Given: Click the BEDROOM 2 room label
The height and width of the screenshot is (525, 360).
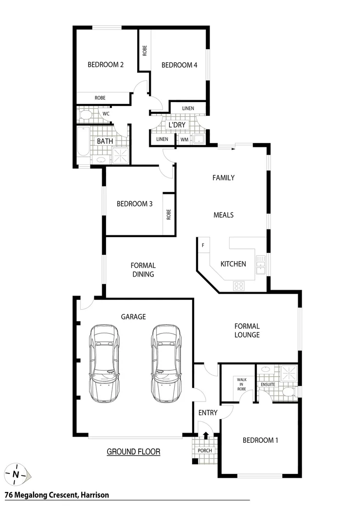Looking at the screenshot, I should coord(106,65).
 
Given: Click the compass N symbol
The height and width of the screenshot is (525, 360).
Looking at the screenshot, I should coord(16,474).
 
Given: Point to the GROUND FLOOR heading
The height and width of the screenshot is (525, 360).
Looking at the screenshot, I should coord(133,452).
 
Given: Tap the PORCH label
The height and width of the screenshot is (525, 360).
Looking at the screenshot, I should coord(205,451).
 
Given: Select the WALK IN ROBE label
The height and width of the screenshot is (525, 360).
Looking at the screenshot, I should coord(242,384).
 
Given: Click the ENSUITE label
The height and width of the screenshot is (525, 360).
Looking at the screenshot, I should coord(268,385).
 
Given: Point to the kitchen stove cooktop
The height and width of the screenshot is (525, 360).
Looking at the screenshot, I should coord(238,286).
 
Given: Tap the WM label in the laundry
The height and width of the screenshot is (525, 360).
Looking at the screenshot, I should coord(184,140).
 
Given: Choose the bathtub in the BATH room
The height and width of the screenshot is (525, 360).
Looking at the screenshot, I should coord(83,141).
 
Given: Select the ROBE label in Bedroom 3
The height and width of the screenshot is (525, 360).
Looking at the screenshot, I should coord(169,214).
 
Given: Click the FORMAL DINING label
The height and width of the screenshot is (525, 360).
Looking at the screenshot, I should coord(143,270).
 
